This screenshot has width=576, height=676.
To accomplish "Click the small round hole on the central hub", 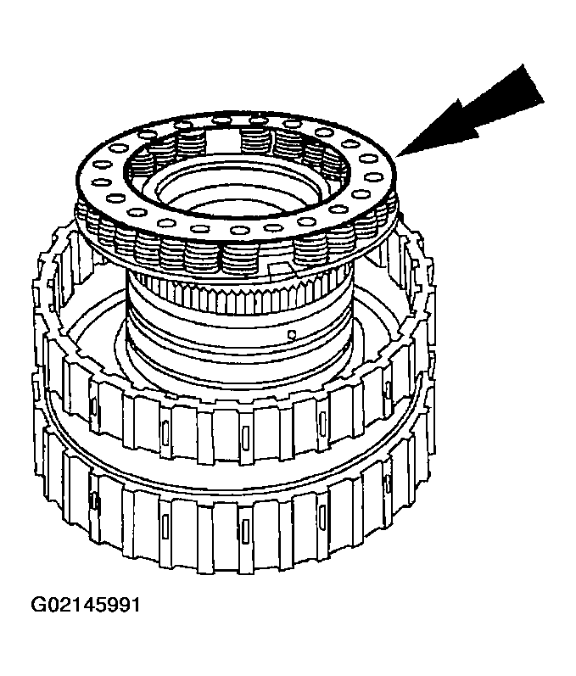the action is (x=291, y=334).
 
